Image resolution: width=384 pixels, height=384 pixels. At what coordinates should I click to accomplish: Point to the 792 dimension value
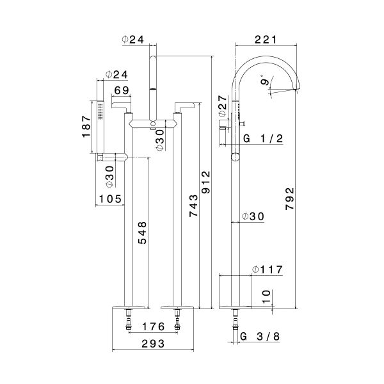[289, 201]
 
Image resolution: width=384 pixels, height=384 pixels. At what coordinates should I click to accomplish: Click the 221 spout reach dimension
[265, 39]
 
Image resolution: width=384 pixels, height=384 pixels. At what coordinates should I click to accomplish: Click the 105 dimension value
[110, 199]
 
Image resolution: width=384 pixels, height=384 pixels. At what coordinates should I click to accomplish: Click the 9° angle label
[264, 81]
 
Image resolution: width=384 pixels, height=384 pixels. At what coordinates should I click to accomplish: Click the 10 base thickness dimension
[268, 296]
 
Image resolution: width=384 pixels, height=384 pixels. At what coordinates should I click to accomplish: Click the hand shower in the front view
[100, 128]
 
